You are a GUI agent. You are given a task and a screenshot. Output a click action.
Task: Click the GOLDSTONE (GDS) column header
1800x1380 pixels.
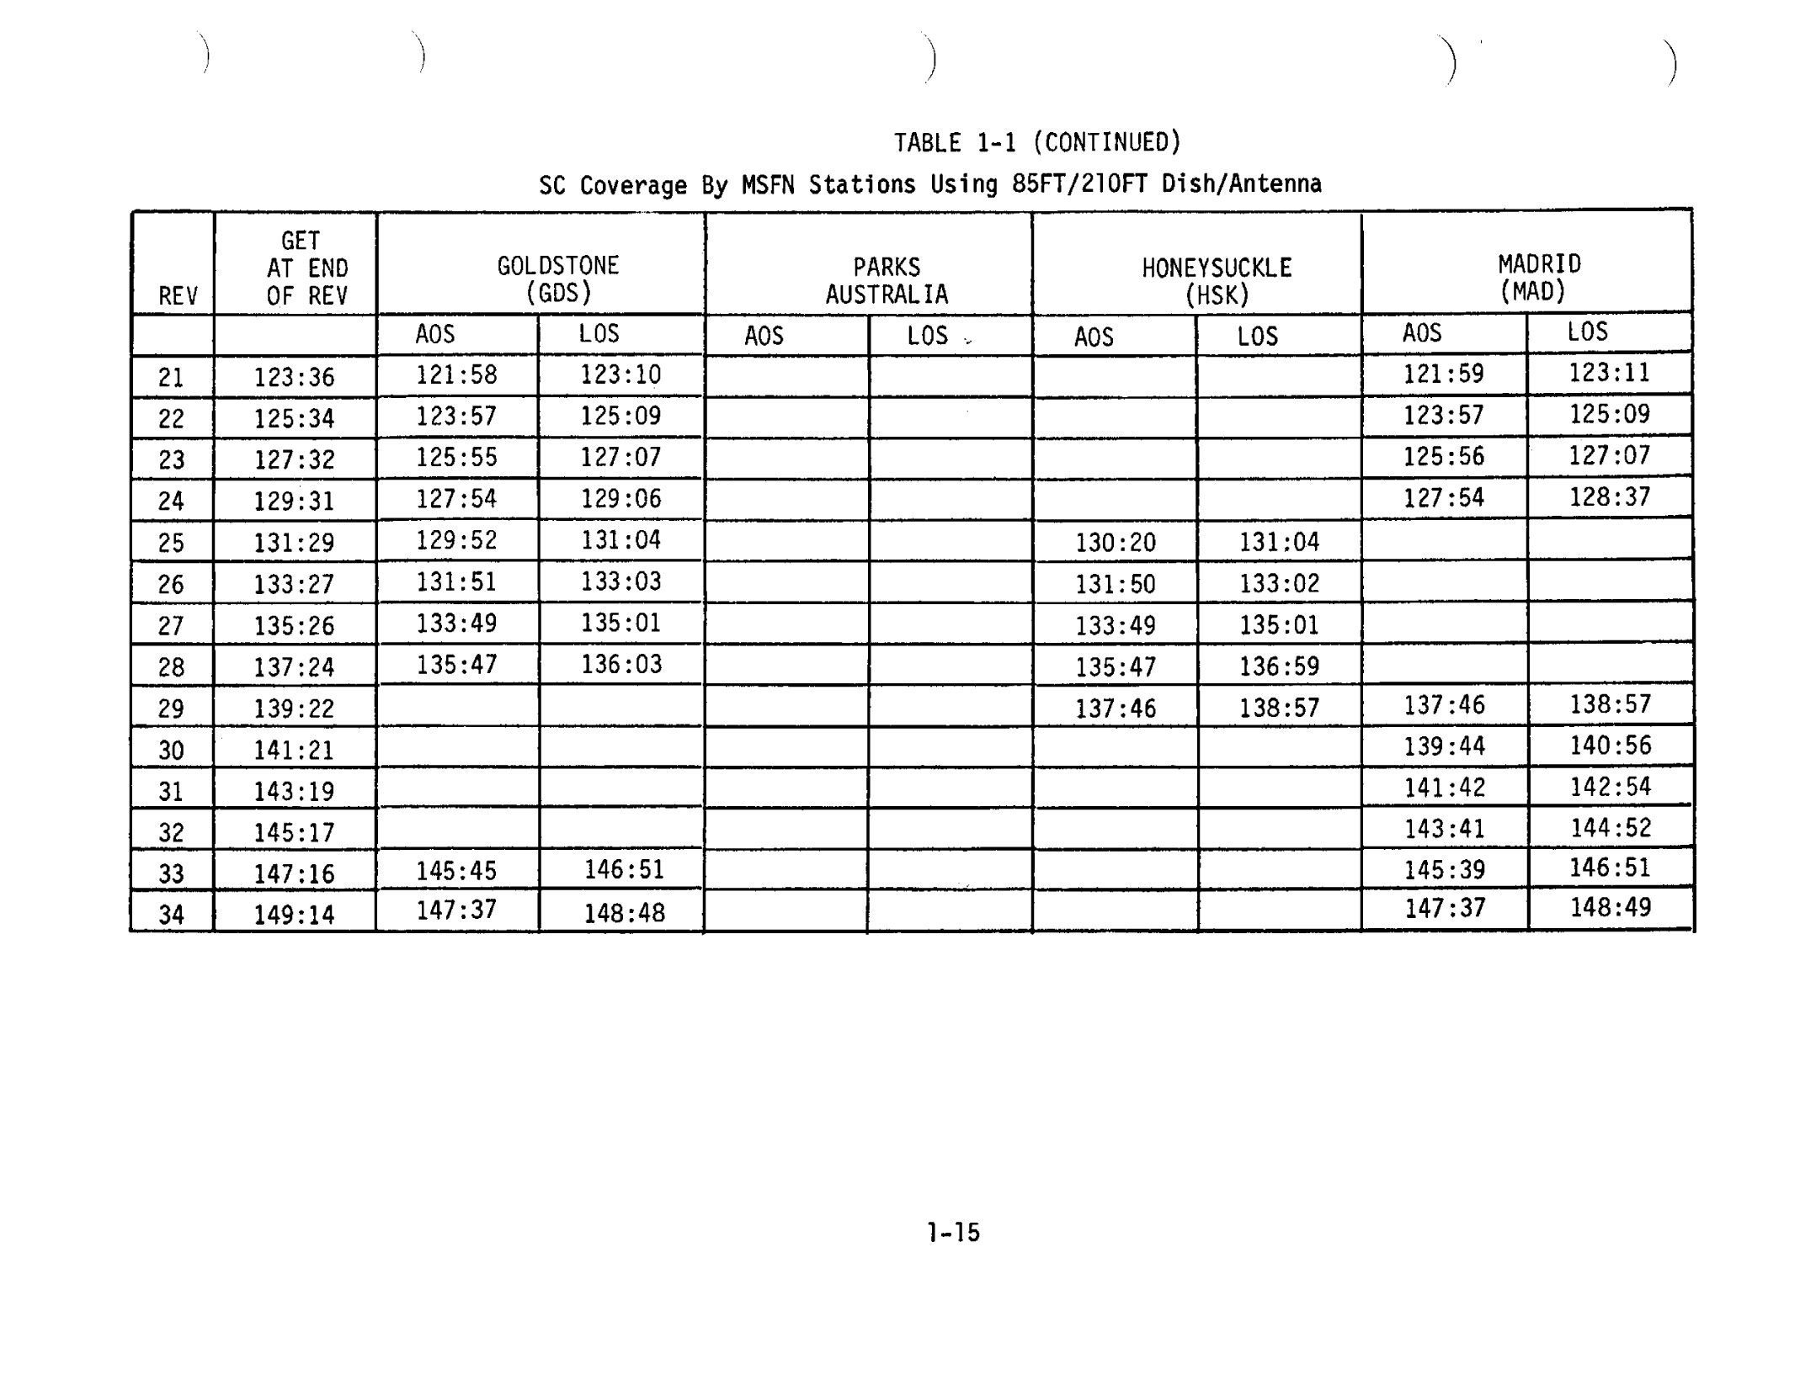(x=558, y=279)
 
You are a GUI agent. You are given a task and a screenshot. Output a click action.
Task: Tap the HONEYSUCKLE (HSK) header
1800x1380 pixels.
(x=1217, y=281)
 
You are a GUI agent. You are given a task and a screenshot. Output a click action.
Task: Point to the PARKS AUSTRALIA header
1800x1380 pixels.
(x=887, y=281)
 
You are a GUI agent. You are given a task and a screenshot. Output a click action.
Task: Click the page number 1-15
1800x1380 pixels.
(x=953, y=1233)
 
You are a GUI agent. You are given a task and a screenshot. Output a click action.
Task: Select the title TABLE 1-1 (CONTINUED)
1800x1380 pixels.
(x=1037, y=142)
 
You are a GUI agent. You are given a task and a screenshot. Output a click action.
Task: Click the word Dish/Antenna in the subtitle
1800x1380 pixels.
(x=1241, y=183)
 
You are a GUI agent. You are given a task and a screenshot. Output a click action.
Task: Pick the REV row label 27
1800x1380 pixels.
(x=171, y=626)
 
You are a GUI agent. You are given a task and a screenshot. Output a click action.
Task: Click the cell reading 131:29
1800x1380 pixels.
(x=294, y=543)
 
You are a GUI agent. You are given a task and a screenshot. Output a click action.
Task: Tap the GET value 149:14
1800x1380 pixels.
(x=294, y=915)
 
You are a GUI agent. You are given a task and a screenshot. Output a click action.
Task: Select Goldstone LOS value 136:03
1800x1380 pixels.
(x=621, y=665)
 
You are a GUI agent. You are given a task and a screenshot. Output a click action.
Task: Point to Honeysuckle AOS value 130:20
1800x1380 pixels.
(x=1116, y=543)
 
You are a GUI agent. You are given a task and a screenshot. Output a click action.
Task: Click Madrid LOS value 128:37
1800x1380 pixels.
(x=1609, y=497)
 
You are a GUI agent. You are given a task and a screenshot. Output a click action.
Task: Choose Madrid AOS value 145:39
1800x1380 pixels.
(x=1444, y=869)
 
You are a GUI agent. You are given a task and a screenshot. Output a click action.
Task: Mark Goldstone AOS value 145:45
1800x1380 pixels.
(x=456, y=871)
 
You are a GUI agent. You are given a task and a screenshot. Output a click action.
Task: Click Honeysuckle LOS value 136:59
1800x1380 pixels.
(x=1279, y=667)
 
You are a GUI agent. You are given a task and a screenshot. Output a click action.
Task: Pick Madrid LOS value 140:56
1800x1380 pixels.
(x=1610, y=746)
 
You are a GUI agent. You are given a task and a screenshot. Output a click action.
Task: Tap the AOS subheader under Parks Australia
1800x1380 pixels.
(x=764, y=337)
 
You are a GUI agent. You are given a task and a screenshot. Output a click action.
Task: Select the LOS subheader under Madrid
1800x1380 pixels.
(x=1587, y=332)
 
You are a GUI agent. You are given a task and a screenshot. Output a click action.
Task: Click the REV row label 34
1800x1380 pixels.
(x=171, y=915)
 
